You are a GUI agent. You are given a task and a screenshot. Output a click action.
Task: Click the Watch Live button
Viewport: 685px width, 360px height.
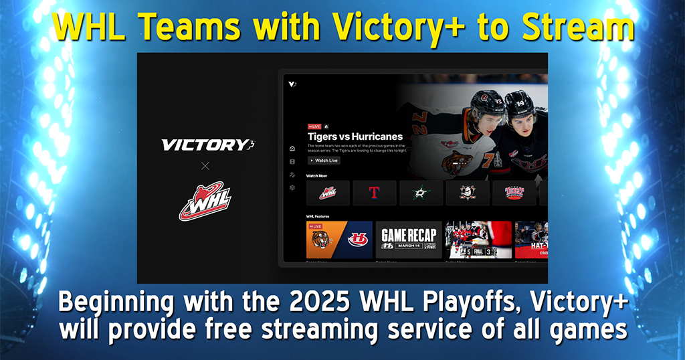pos(324,161)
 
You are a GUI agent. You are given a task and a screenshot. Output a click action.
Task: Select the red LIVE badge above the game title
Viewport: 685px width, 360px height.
pos(314,126)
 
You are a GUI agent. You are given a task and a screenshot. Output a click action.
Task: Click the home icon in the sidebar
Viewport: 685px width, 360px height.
pos(292,149)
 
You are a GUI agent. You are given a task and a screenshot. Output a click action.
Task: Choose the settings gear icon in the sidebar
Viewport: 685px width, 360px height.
pos(292,188)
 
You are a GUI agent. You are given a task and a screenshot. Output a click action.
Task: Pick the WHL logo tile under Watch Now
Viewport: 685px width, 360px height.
pos(328,193)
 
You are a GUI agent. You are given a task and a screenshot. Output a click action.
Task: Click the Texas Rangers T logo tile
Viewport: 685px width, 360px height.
pos(374,193)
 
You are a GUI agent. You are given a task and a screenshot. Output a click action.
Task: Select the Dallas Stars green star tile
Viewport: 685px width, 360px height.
pos(420,193)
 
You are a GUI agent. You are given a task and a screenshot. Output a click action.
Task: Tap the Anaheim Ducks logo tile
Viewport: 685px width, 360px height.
pos(467,193)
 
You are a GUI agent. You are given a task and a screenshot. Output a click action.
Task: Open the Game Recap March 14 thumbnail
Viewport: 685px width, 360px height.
pos(409,240)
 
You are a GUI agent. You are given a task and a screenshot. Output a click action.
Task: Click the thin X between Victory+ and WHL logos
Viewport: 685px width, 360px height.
pos(205,165)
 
